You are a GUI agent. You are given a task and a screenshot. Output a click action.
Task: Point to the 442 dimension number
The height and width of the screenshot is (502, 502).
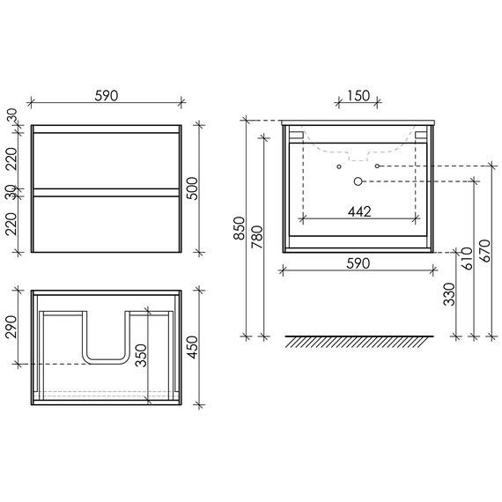[x=358, y=210]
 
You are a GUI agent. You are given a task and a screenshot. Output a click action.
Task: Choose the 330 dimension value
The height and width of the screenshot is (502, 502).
[x=449, y=295]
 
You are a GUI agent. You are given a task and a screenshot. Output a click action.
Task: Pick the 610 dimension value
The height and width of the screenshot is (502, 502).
[x=468, y=259]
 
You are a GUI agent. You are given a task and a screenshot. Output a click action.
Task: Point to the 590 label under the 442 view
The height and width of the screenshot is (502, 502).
[x=357, y=263]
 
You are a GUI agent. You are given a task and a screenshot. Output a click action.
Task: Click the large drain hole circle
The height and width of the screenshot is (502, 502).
[x=358, y=181]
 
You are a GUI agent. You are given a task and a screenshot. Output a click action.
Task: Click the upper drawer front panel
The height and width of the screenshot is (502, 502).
[x=106, y=158]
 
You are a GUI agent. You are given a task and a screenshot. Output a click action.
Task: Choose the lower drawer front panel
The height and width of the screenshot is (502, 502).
[x=106, y=222]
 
